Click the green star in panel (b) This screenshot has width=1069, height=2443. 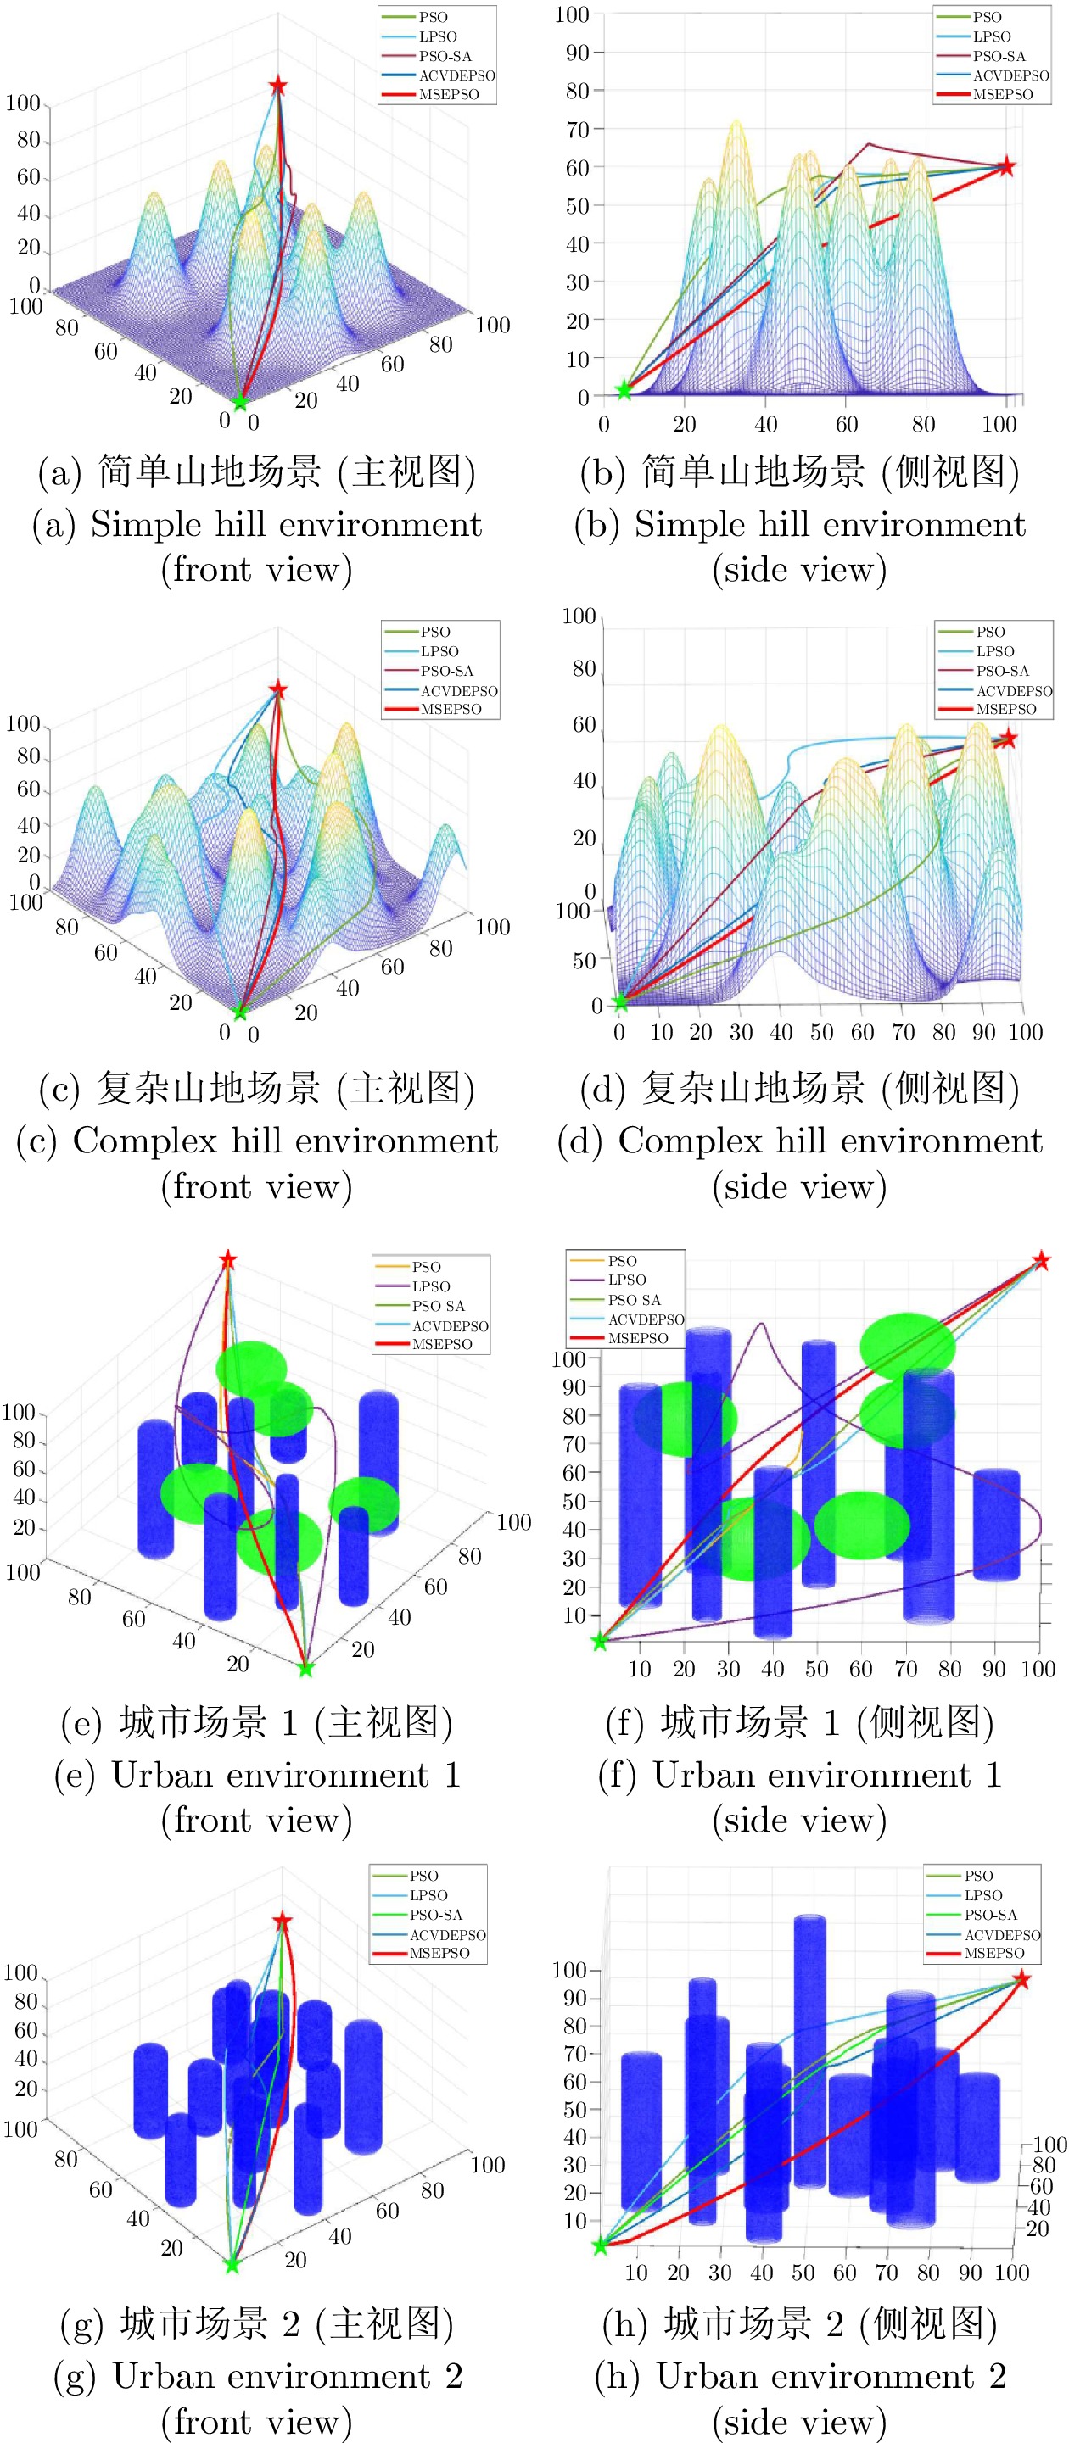624,390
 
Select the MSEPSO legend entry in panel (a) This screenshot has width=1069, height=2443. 449,95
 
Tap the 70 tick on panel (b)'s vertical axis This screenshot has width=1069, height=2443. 578,129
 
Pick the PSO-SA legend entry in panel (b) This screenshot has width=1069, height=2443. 999,56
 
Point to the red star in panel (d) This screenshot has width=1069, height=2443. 1008,738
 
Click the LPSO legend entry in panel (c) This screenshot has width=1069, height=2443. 439,651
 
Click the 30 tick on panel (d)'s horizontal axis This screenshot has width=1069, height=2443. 741,1032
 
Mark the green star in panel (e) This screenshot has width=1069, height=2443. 305,1669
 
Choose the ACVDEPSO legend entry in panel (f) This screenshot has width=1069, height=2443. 645,1319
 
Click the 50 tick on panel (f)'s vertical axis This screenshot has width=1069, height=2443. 574,1501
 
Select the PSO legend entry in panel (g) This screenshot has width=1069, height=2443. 424,1876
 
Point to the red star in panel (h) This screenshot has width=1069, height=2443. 1021,1979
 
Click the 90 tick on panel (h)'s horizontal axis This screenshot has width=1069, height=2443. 970,2273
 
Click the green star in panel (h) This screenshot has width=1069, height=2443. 601,2245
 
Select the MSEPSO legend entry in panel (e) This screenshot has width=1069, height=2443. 441,1345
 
